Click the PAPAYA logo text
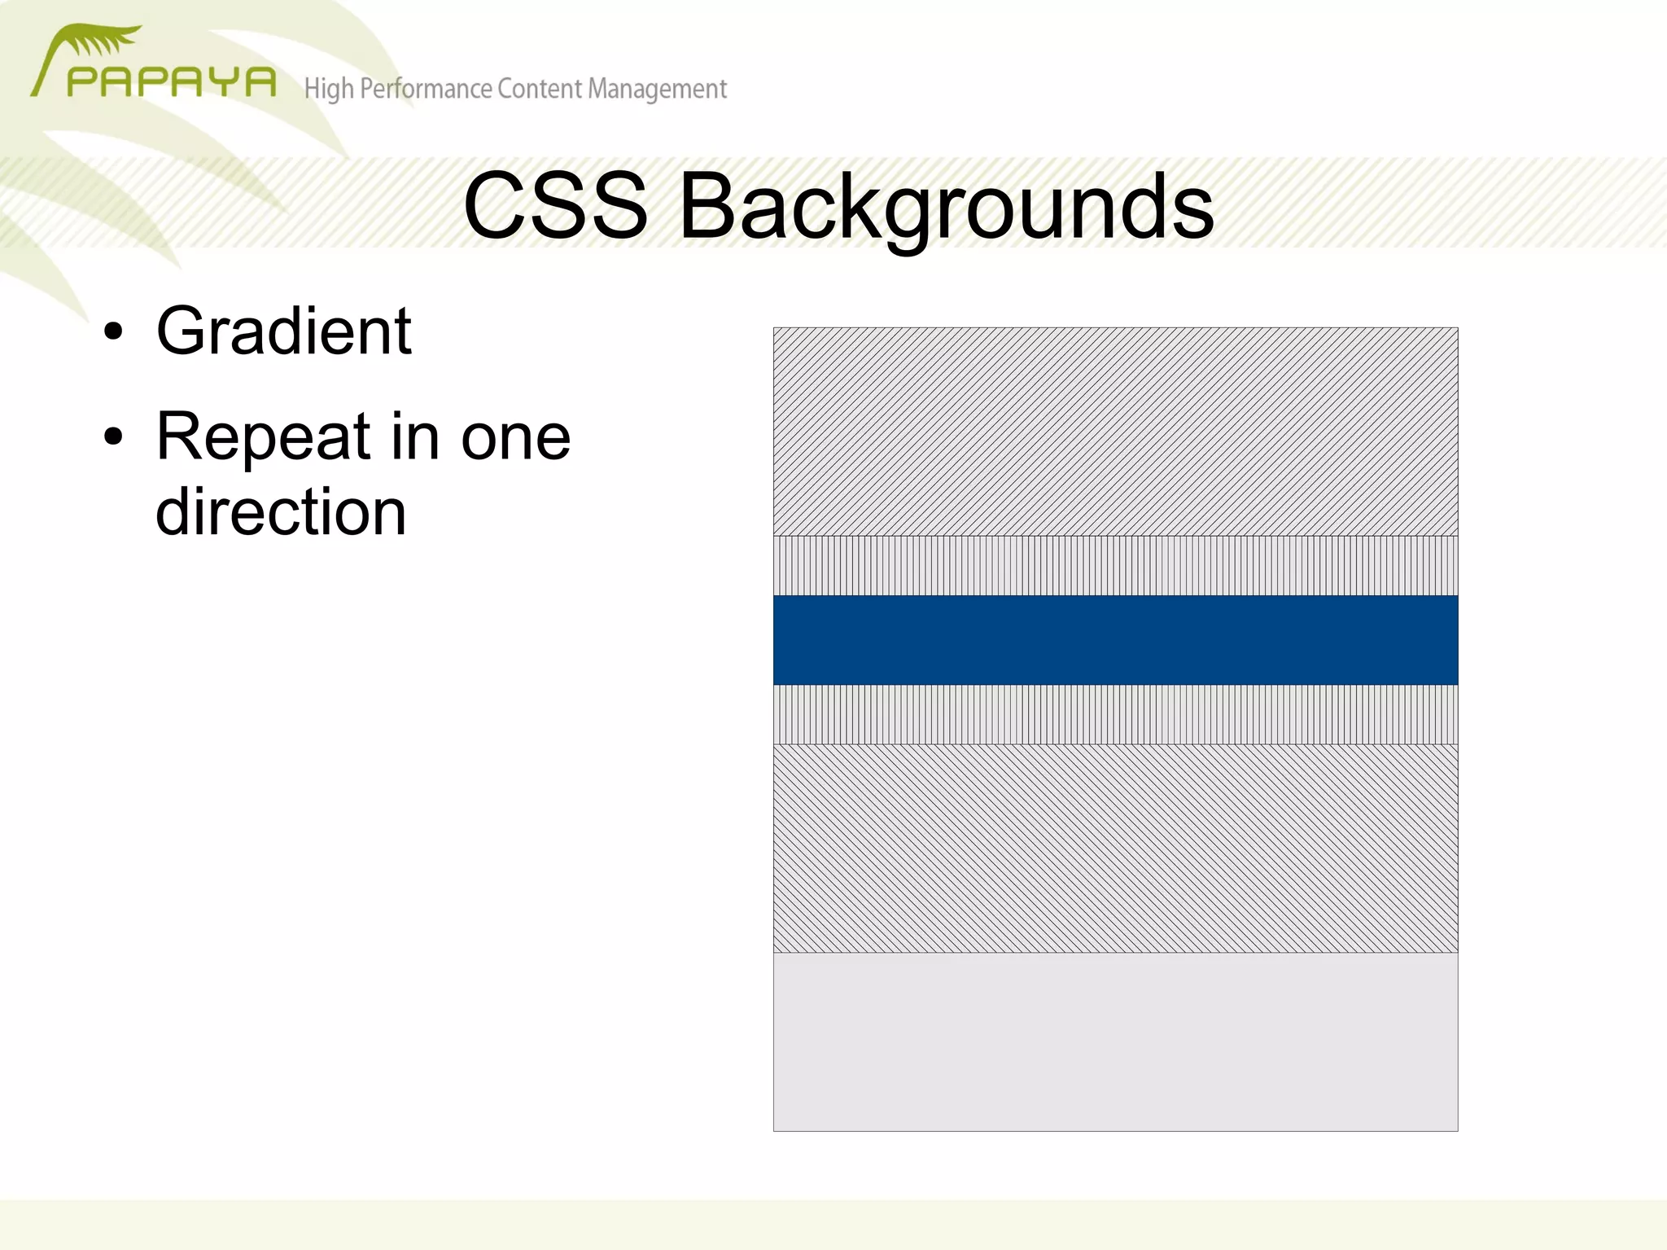(171, 82)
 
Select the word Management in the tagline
(657, 89)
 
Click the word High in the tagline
(329, 89)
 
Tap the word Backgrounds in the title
(946, 208)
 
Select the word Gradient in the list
(284, 331)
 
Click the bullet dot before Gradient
(113, 332)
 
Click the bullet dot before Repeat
(113, 437)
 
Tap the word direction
(281, 511)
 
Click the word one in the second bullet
(515, 438)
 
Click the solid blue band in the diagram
(1115, 639)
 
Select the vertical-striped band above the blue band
(1115, 565)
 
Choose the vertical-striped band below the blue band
(1115, 714)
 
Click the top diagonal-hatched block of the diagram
(1115, 432)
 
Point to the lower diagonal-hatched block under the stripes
(1115, 848)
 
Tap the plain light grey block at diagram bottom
(1115, 1042)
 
